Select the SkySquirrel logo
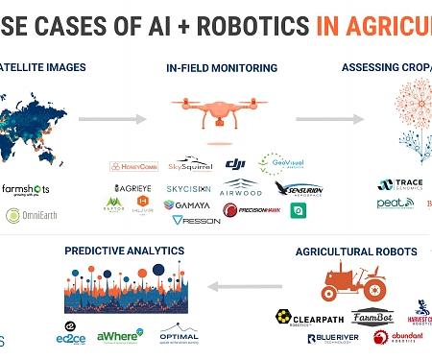[x=190, y=166]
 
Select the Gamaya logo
[x=189, y=205]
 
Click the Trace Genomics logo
[x=399, y=184]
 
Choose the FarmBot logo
[x=372, y=316]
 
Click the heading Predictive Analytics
[x=124, y=251]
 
